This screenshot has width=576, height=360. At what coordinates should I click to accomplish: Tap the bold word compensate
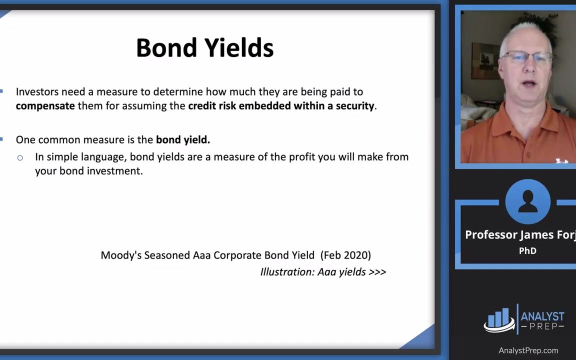tap(45, 106)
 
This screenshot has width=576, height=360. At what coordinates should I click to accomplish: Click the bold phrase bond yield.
tap(182, 140)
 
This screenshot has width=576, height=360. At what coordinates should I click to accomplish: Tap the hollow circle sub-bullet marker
tap(20, 158)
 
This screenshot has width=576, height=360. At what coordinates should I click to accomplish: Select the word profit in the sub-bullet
tap(301, 157)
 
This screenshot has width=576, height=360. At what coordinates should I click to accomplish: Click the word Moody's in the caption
tap(121, 255)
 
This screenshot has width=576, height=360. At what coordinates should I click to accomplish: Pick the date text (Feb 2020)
tap(346, 255)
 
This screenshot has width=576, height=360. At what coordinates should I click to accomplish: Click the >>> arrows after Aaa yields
tap(377, 272)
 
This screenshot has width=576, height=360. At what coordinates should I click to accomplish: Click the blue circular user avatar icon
tap(527, 201)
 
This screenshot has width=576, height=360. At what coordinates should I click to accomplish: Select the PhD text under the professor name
tap(527, 251)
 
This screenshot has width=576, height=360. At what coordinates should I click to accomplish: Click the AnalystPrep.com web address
tap(528, 350)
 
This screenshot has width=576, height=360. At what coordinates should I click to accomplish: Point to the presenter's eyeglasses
tap(525, 57)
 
